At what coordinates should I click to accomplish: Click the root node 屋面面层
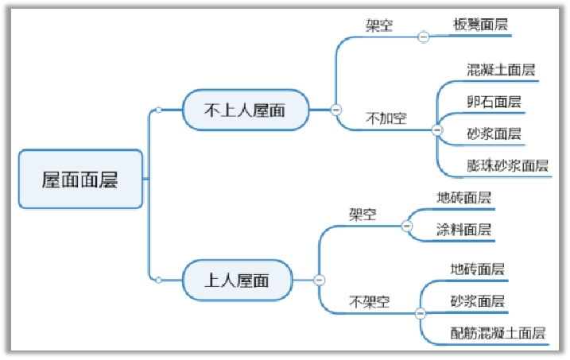tap(80, 180)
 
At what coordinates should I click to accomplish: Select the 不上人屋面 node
tap(246, 110)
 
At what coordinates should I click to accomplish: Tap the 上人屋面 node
tap(238, 280)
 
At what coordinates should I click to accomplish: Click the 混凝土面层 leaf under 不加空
tap(501, 70)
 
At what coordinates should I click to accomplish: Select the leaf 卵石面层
tap(494, 102)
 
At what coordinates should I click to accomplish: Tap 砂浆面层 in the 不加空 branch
tap(494, 134)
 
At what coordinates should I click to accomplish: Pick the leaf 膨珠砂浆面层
tap(507, 166)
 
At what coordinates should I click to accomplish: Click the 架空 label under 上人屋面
tap(363, 215)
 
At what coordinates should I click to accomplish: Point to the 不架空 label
tap(370, 302)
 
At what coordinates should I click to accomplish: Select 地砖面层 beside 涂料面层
tap(463, 198)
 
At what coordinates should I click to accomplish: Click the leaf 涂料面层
tap(463, 230)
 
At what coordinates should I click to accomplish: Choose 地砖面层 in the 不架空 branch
tap(477, 269)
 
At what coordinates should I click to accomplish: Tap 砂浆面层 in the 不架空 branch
tap(477, 301)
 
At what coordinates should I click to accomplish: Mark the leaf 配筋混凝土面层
tap(498, 333)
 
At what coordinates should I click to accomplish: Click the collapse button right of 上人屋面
tap(319, 280)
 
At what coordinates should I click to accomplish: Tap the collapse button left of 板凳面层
tap(424, 36)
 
